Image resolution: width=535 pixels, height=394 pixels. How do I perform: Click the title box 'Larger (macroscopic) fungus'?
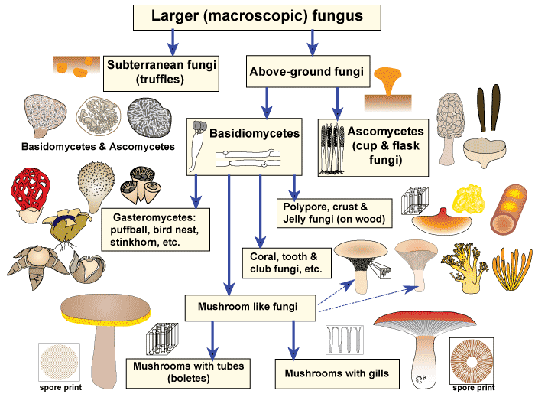[267, 16]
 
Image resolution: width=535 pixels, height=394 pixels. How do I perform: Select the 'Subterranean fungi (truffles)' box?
[160, 72]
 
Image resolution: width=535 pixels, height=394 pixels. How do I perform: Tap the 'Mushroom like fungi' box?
[250, 308]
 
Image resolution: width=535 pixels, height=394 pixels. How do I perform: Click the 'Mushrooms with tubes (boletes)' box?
[188, 373]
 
